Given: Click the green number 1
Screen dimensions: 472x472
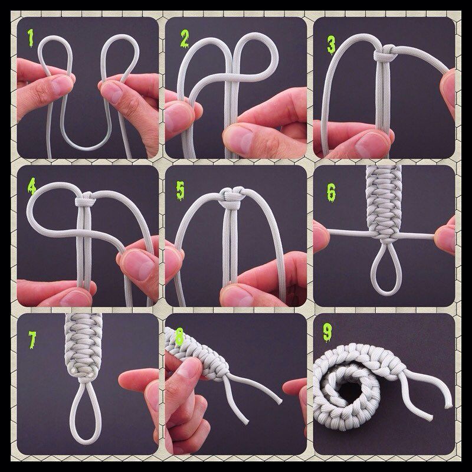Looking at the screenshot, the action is coord(31,38).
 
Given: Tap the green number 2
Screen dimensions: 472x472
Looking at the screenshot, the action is coord(184,39).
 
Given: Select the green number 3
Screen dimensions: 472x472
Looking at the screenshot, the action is coord(331,45).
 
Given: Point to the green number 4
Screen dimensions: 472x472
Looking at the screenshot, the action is coord(32,186).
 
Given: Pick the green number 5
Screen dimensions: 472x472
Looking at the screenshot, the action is coord(180,191).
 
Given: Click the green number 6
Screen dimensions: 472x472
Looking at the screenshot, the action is coord(331,193).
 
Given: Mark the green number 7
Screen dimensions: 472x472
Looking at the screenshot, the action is coord(32,340).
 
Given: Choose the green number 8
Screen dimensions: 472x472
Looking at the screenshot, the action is coord(179,336).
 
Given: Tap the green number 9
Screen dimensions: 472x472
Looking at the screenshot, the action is coord(327,332).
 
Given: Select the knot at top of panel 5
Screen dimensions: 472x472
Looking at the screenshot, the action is coord(232,196).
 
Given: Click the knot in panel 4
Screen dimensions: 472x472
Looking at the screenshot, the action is coord(86,199).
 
